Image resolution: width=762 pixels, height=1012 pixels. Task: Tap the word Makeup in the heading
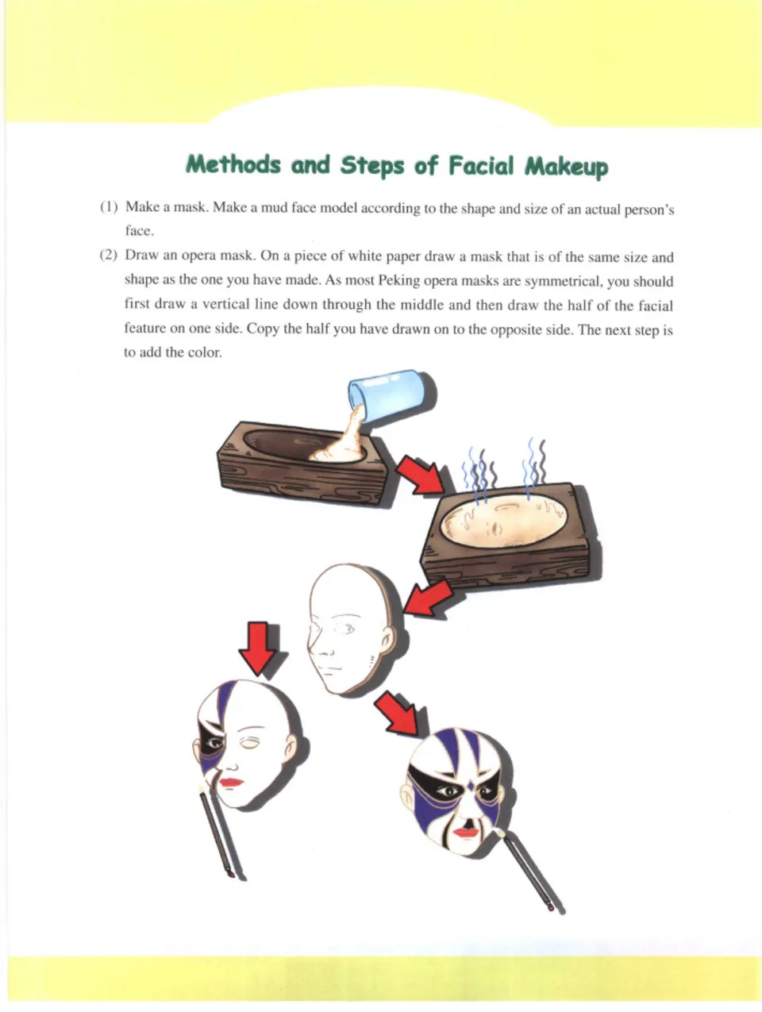tap(567, 166)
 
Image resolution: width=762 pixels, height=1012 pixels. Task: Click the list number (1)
tap(109, 208)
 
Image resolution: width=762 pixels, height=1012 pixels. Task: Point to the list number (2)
tap(109, 257)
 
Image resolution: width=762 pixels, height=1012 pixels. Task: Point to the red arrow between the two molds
tap(421, 475)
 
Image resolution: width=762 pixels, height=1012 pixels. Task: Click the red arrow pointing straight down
tap(260, 647)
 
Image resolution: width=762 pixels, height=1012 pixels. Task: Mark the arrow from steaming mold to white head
tap(427, 597)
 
